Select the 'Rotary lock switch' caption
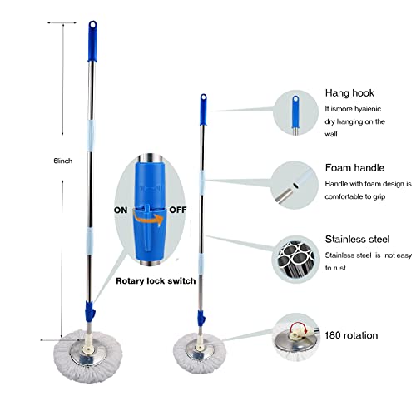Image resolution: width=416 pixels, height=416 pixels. click(x=156, y=281)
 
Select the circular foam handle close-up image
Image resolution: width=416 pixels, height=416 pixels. click(x=296, y=178)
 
